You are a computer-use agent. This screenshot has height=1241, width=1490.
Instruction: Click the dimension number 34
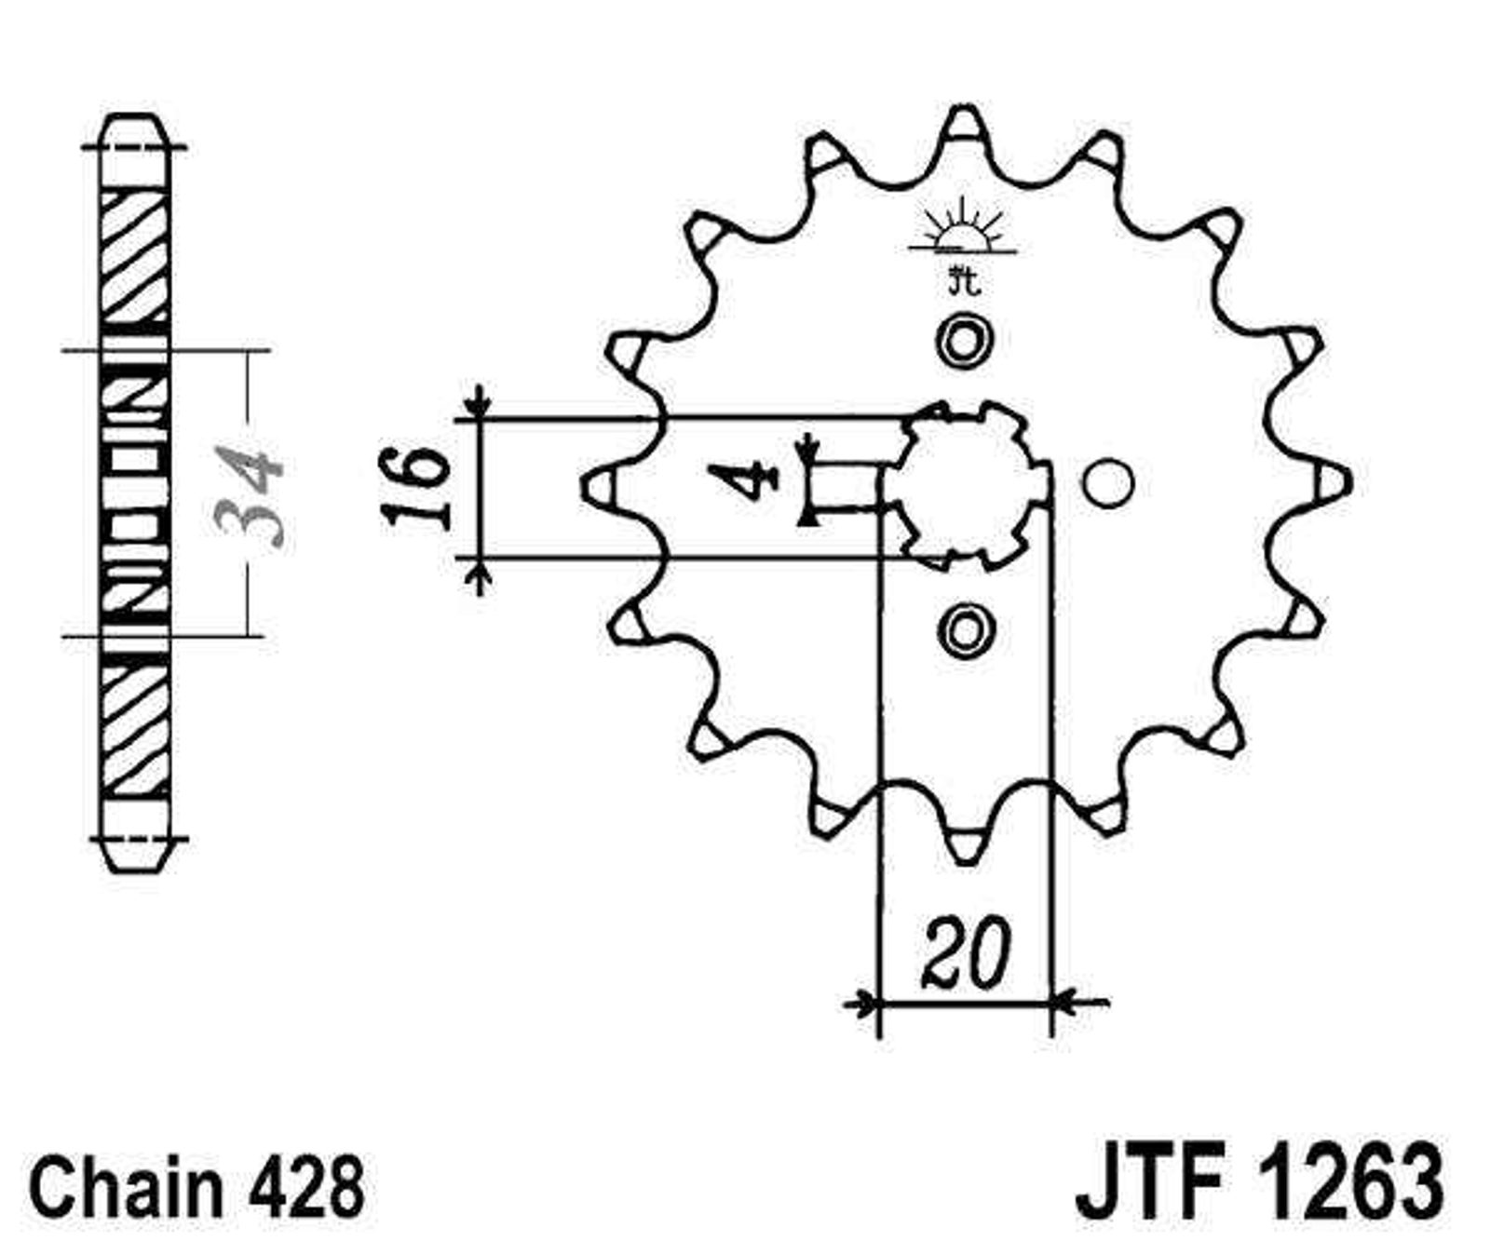pos(249,494)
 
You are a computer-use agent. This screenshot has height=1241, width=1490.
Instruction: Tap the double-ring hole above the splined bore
pos(964,340)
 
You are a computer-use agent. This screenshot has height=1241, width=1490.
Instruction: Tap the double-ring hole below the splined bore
pos(965,629)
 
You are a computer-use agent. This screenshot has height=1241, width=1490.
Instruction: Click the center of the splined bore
pos(965,485)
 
